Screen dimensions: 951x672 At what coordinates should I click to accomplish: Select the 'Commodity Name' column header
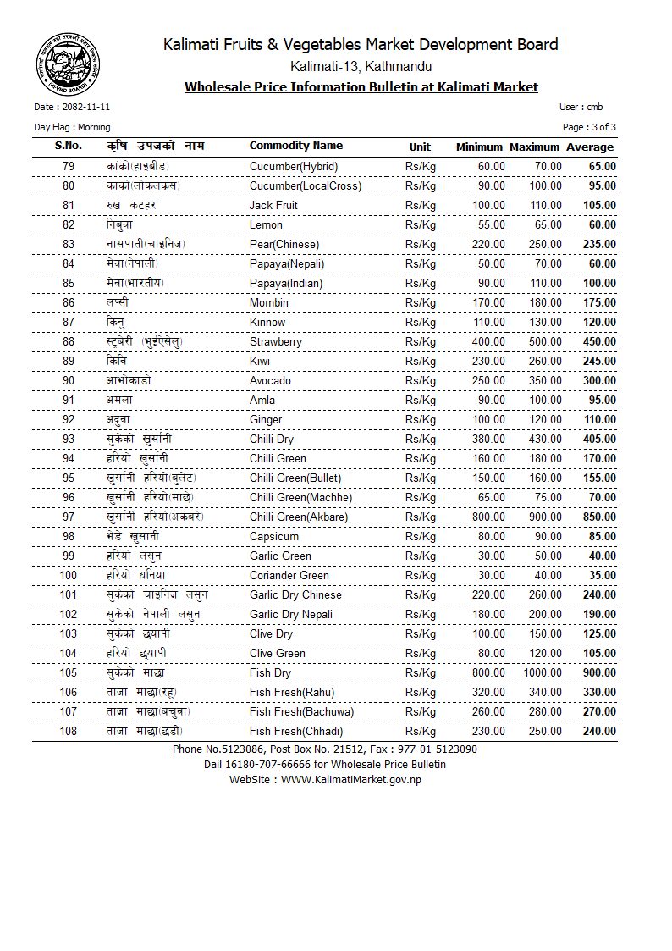click(296, 146)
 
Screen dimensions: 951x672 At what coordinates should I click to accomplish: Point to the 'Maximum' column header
click(534, 147)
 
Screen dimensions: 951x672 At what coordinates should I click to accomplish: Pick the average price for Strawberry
click(601, 341)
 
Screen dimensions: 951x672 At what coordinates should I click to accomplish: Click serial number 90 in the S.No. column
click(69, 380)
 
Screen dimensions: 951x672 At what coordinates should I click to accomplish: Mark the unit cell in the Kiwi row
click(421, 361)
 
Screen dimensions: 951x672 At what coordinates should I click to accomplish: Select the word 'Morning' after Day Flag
click(93, 127)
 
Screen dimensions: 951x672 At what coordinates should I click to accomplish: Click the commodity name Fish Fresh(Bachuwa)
click(302, 711)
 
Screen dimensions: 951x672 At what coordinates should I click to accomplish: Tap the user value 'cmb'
click(594, 108)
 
